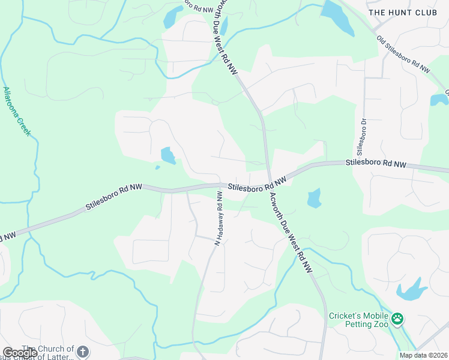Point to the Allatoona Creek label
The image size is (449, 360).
click(x=16, y=111)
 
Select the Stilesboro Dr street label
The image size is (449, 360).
click(x=362, y=135)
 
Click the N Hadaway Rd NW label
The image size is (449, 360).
click(x=220, y=217)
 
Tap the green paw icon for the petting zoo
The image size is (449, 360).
click(x=397, y=319)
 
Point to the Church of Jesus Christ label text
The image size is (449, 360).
click(x=48, y=353)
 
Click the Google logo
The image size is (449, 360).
click(x=20, y=353)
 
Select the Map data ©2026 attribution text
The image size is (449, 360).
click(x=423, y=355)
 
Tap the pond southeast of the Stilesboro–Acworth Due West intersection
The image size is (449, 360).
click(x=314, y=198)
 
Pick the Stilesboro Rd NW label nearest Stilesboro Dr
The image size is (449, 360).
click(x=376, y=163)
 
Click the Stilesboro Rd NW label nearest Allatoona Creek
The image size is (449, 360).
click(x=113, y=197)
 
